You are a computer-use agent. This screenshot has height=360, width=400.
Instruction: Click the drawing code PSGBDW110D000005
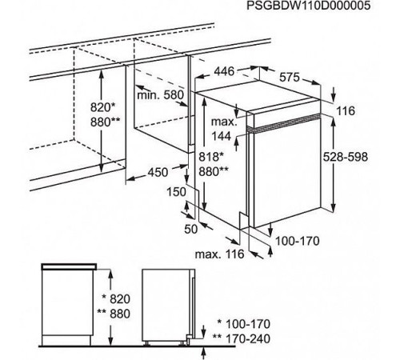308,6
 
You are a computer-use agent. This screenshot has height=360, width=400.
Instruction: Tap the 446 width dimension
224,71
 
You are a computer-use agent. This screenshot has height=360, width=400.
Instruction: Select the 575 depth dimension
290,77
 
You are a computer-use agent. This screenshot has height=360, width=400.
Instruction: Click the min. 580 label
161,95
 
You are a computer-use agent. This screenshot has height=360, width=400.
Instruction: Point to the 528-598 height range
346,157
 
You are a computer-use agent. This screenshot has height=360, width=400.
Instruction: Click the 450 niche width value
158,172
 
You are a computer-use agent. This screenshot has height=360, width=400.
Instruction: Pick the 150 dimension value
176,191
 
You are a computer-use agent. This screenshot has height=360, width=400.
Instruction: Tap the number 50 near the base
191,229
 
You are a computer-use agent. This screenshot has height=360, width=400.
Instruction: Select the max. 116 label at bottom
220,254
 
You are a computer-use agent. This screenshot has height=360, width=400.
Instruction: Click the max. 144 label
224,129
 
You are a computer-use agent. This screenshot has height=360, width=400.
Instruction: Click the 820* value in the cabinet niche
103,107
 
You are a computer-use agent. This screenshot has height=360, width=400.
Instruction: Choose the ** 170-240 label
242,338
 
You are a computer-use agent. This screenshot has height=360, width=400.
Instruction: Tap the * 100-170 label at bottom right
244,324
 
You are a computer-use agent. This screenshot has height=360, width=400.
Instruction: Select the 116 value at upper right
346,111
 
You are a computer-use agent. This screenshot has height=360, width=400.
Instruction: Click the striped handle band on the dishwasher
284,123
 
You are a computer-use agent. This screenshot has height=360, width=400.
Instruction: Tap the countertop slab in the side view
69,266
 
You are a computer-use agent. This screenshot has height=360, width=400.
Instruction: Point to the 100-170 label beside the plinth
297,241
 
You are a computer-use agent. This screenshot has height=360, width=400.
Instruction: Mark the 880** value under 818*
214,172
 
